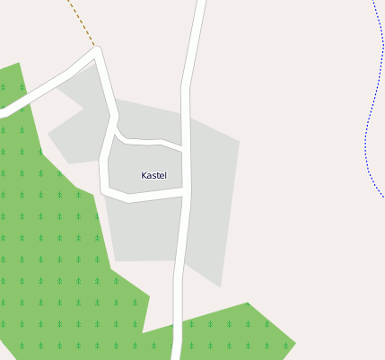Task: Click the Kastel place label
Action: [153, 175]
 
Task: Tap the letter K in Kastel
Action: [144, 175]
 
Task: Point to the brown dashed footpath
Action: [81, 22]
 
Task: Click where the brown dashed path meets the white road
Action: [95, 47]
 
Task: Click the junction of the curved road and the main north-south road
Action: [185, 147]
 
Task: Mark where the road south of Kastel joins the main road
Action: [186, 192]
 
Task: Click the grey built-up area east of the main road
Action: [214, 198]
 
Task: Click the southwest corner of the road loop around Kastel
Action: [104, 190]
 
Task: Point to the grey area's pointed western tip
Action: [48, 135]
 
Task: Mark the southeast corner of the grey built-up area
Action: [220, 285]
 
